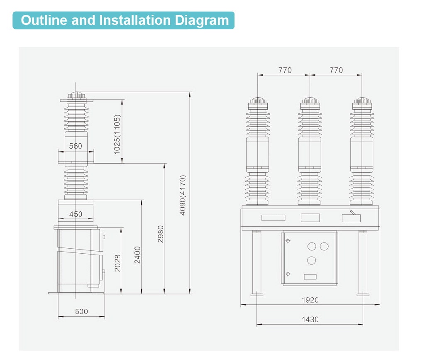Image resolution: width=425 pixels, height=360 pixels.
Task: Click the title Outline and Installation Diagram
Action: [x=125, y=20]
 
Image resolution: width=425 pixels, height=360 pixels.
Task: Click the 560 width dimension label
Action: [x=76, y=146]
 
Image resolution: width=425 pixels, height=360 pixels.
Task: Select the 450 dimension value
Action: [x=76, y=214]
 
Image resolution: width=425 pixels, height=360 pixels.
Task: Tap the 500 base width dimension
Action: [x=81, y=311]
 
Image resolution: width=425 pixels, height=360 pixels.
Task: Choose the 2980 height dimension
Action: [x=161, y=234]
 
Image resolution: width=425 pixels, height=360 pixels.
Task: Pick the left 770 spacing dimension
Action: [x=285, y=70]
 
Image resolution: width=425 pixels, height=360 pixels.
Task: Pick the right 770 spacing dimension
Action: [x=336, y=70]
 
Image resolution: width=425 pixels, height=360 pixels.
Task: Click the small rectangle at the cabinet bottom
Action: [x=310, y=277]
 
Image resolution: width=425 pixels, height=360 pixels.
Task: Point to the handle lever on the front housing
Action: [x=352, y=213]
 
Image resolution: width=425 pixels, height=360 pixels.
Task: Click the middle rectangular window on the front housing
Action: [x=310, y=217]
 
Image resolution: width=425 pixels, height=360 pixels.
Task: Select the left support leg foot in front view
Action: [x=257, y=294]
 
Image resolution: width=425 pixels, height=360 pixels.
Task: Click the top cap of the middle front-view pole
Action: [x=310, y=100]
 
